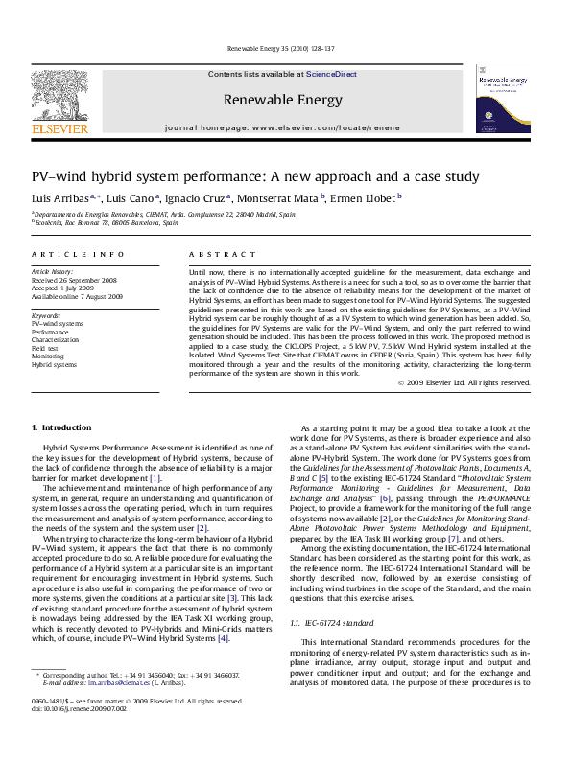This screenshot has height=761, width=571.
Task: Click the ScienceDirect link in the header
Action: coord(331,74)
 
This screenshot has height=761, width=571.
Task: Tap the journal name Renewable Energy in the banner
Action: coord(282,99)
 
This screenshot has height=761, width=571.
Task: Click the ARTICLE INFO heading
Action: coord(78,254)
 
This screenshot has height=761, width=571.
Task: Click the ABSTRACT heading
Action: coord(209,254)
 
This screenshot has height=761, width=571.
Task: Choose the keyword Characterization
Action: coord(56,340)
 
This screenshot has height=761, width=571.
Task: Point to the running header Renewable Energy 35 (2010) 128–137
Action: coord(280,48)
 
